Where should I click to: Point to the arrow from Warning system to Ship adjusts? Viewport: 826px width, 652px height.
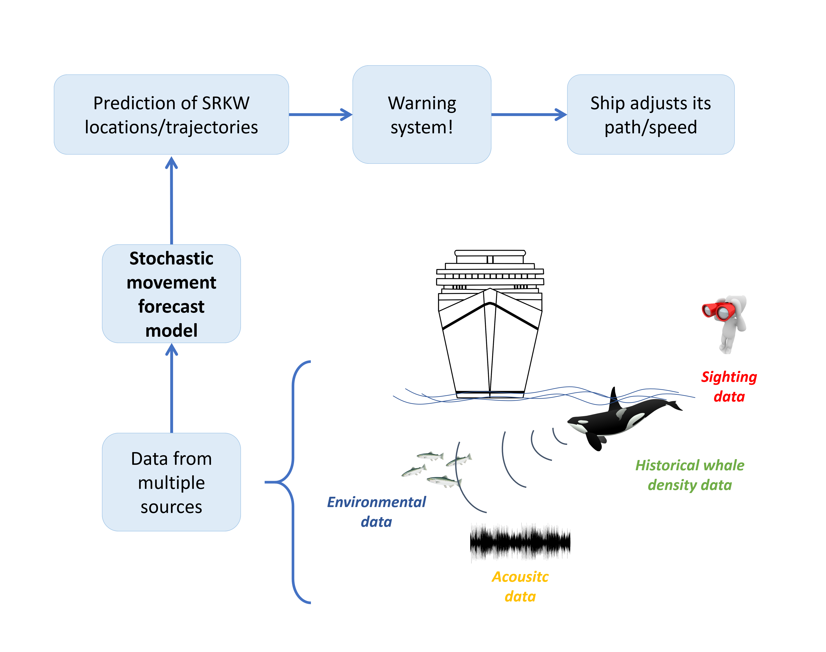tap(528, 114)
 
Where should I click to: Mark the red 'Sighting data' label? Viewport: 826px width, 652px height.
tap(729, 386)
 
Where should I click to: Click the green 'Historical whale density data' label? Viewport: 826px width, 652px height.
tap(689, 475)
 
